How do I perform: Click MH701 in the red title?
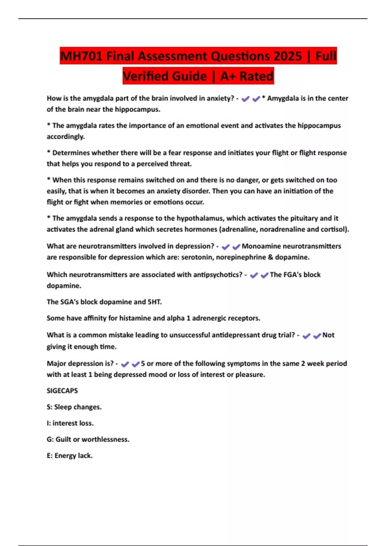click(81, 56)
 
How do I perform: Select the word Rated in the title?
click(256, 76)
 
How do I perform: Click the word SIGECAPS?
click(62, 391)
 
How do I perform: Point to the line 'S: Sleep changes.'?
click(74, 407)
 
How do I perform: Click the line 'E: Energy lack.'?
click(69, 455)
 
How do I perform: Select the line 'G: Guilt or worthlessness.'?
click(88, 439)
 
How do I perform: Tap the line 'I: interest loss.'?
click(70, 423)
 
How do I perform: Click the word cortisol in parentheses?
click(334, 229)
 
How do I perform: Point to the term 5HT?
click(154, 302)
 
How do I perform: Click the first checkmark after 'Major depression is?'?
click(125, 364)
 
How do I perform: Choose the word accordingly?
click(66, 136)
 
